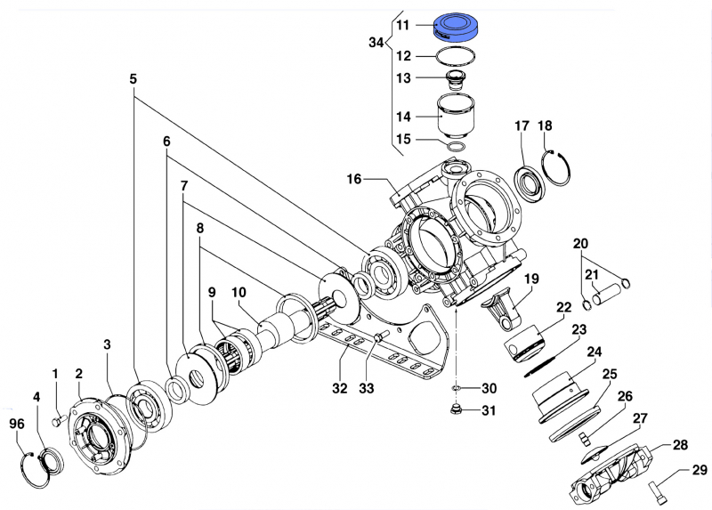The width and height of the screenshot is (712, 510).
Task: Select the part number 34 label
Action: [x=375, y=42]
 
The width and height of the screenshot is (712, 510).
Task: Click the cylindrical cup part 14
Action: [x=457, y=114]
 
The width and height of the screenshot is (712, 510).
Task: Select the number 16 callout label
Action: [x=354, y=180]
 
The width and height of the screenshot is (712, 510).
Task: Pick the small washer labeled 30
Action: [x=456, y=389]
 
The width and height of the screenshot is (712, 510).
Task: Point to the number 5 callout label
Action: [x=133, y=79]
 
